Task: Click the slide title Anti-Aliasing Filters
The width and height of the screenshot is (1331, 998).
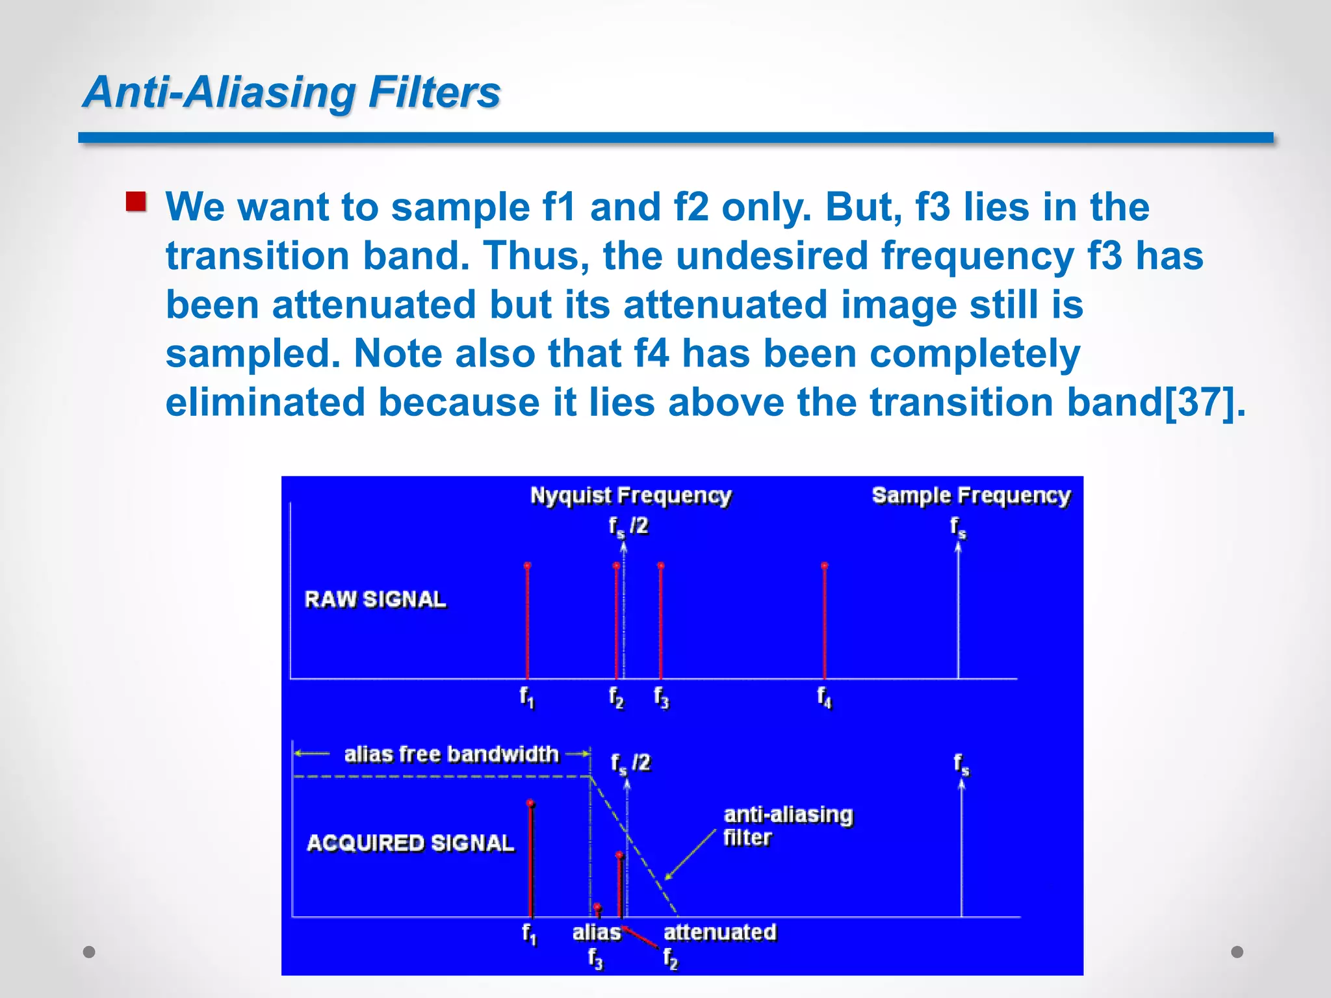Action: pyautogui.click(x=292, y=92)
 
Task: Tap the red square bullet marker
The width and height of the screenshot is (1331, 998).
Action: pyautogui.click(x=136, y=201)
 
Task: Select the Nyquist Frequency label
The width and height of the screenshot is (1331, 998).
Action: pyautogui.click(x=630, y=496)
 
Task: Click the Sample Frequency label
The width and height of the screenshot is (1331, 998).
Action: pyautogui.click(x=971, y=496)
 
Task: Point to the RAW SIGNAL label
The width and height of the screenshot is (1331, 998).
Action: pyautogui.click(x=375, y=599)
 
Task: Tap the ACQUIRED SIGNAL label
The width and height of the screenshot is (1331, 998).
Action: pyautogui.click(x=410, y=843)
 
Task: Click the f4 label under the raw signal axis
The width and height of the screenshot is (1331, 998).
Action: pyautogui.click(x=824, y=697)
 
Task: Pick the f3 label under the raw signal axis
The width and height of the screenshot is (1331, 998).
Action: pyautogui.click(x=661, y=697)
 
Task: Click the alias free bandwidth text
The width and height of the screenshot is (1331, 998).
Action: pyautogui.click(x=451, y=754)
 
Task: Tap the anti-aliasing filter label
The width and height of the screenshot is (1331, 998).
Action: pyautogui.click(x=787, y=825)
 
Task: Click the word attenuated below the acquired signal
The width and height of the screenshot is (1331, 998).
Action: pyautogui.click(x=719, y=932)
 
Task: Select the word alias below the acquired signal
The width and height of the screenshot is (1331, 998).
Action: pyautogui.click(x=596, y=932)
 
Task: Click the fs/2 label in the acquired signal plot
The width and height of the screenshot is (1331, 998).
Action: pyautogui.click(x=630, y=763)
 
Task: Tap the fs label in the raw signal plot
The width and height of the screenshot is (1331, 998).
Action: pyautogui.click(x=958, y=527)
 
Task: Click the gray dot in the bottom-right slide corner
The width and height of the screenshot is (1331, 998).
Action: pyautogui.click(x=1237, y=952)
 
